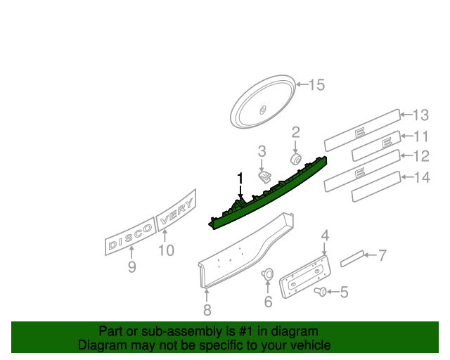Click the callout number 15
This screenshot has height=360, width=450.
point(316,85)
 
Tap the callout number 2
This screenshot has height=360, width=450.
point(296,131)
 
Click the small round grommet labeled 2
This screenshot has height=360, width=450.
point(296,158)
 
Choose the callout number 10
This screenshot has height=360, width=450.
point(166,250)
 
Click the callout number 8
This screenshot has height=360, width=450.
point(207,309)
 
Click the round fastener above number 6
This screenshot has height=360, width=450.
point(267,274)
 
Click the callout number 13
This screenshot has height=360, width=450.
point(420,115)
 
